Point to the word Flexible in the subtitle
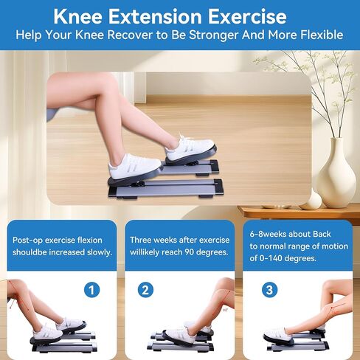[x=319, y=35]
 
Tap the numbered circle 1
[x=91, y=290]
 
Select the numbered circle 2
[x=146, y=290]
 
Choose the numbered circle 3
[x=271, y=290]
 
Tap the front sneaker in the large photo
[x=134, y=165]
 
